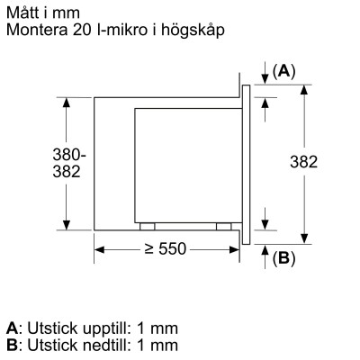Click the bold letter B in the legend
click(x=11, y=344)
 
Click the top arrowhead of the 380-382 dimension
click(x=66, y=102)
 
